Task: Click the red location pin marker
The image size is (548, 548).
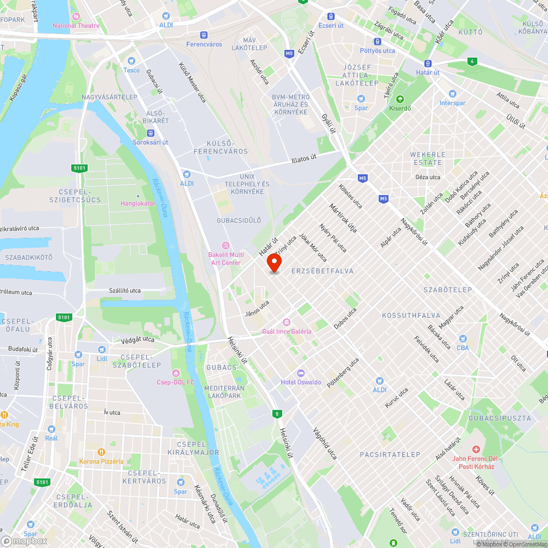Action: [x=274, y=264]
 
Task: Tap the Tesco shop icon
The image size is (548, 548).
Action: [x=131, y=61]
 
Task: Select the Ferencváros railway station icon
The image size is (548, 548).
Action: [x=204, y=35]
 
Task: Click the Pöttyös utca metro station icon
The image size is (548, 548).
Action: [x=378, y=42]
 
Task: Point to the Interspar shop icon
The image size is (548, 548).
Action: [x=452, y=94]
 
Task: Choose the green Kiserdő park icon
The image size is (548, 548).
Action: [x=400, y=99]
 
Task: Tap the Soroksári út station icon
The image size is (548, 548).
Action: [x=150, y=133]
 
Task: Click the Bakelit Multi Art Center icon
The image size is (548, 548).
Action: [x=225, y=246]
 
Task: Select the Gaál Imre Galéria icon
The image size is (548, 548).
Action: [x=286, y=322]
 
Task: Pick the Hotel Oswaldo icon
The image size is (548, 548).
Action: [x=301, y=373]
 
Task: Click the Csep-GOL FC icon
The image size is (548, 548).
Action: [x=175, y=373]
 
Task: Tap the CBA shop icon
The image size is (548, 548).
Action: [x=463, y=339]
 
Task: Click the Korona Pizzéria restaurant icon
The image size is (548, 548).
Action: [x=101, y=452]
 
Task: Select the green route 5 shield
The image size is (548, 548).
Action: [x=278, y=414]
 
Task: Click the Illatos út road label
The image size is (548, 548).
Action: [x=304, y=159]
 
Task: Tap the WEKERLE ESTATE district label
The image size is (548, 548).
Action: [x=428, y=158]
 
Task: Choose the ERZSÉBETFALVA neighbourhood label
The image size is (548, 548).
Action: [x=322, y=271]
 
